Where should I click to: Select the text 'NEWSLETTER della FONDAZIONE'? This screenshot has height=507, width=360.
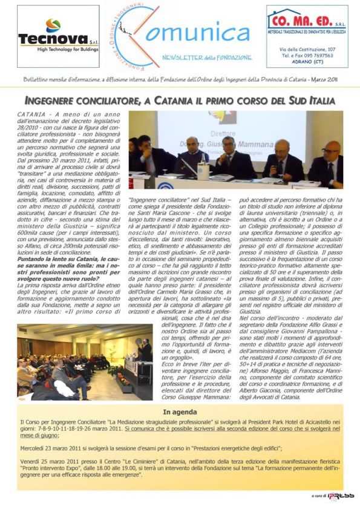(x=198, y=57)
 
